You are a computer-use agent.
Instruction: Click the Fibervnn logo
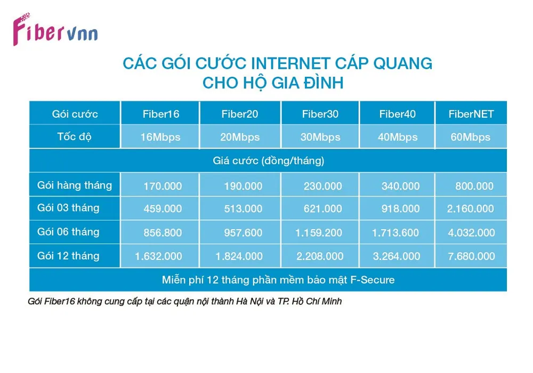(x=55, y=30)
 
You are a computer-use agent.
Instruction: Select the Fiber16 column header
(x=161, y=114)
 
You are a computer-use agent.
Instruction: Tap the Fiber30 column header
(x=320, y=114)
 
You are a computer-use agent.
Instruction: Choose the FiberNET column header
(x=471, y=114)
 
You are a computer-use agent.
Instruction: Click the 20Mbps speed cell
(x=240, y=137)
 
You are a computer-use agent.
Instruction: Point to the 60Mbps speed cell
(x=471, y=137)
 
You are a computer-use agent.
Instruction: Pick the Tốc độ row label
(x=75, y=136)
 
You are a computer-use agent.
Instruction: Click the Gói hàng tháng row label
(x=75, y=185)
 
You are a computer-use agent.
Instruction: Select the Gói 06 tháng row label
(x=68, y=232)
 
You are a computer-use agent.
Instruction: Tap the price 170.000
(x=163, y=186)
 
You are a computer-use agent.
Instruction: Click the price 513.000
(x=243, y=208)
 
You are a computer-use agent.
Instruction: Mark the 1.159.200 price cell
(x=319, y=233)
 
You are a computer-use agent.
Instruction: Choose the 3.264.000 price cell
(x=397, y=256)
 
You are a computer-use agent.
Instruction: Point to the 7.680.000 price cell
(x=471, y=256)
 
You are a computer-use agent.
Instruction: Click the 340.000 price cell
(x=400, y=186)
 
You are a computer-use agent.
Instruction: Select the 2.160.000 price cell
(x=471, y=208)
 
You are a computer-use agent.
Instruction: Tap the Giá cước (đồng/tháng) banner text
(x=269, y=161)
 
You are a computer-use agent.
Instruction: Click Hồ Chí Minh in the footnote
(x=317, y=301)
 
